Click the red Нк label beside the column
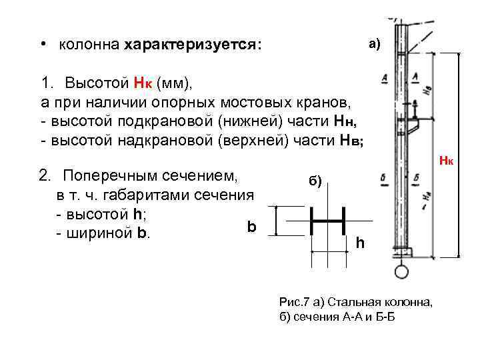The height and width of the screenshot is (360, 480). [446, 162]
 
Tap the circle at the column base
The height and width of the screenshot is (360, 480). [401, 271]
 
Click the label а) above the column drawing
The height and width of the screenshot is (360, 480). [373, 45]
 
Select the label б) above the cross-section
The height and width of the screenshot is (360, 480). [315, 181]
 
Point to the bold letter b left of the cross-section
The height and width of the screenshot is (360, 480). [251, 227]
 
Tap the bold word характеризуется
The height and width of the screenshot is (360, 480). [193, 45]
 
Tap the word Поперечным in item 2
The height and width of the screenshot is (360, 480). [111, 176]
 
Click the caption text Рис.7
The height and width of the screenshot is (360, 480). [294, 303]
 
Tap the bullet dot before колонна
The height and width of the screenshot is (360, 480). [41, 44]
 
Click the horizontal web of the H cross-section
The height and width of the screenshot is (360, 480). [327, 221]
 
